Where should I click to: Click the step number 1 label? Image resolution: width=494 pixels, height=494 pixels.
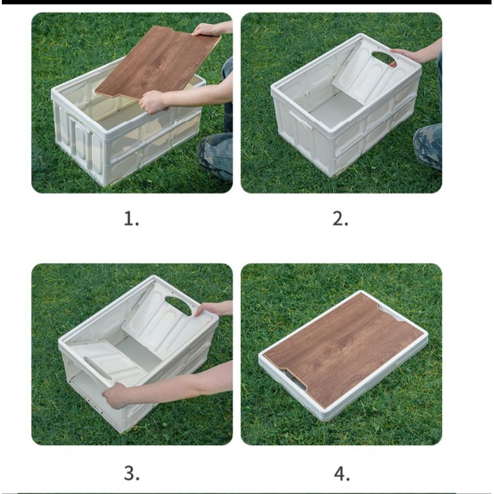point(131,219)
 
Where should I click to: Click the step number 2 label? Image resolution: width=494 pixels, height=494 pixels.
point(340,219)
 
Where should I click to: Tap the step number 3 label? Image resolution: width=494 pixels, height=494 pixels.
point(131,473)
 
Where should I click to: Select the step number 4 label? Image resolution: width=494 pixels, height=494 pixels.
point(341,473)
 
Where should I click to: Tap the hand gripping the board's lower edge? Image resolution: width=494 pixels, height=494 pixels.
point(152,101)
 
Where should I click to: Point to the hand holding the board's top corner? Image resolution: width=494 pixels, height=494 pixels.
point(206,30)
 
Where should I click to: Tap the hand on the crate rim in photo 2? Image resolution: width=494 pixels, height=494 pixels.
point(406,55)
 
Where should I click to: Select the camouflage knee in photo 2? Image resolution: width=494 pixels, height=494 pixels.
point(429,145)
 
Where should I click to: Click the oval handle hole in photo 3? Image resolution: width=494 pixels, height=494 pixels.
point(178,306)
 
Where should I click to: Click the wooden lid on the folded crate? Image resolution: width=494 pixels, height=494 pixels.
point(343,345)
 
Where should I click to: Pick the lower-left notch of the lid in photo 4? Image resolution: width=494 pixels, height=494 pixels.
point(295,378)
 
